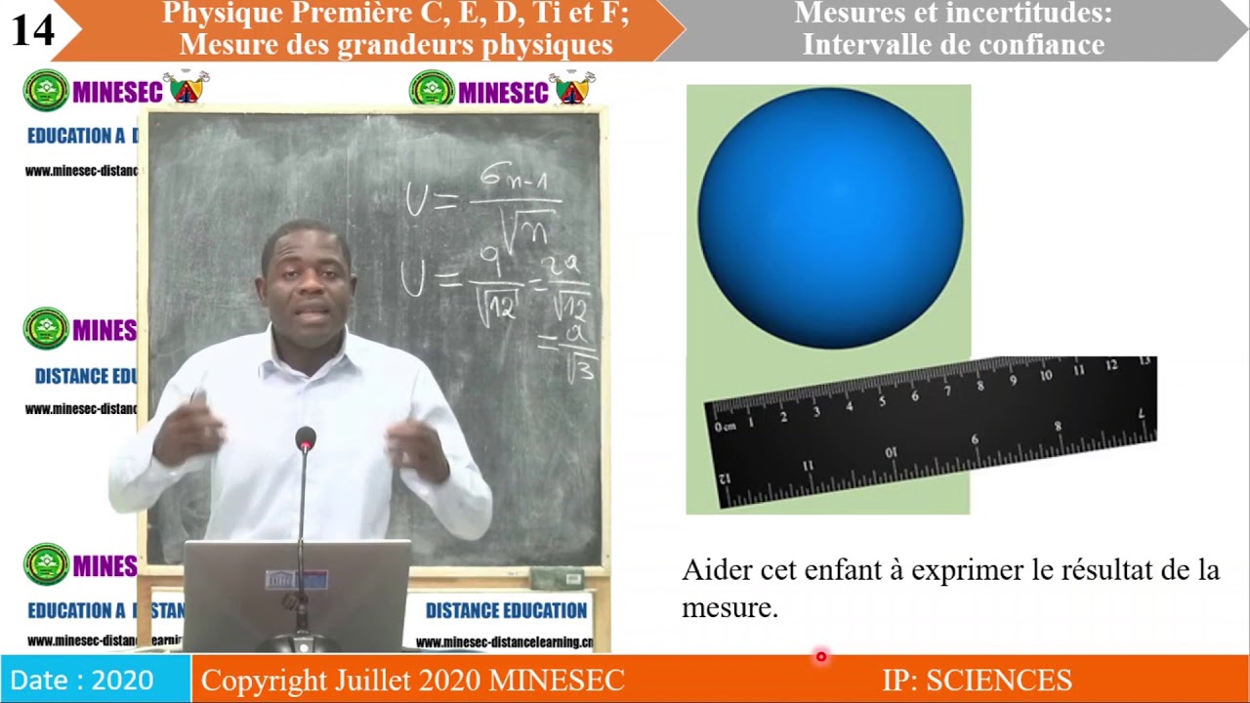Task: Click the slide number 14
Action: coord(33,30)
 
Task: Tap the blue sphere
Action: coord(830,218)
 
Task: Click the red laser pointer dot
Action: coord(821,657)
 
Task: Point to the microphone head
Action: coord(306,439)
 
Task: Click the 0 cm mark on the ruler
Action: coord(724,427)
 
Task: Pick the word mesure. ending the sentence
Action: coord(729,608)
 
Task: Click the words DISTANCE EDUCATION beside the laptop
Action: coord(506,611)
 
